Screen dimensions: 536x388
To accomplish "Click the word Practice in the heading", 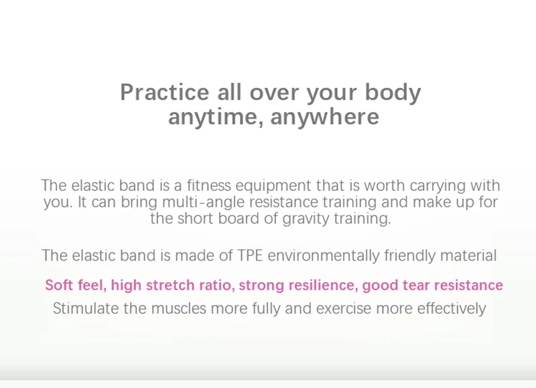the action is tap(164, 92).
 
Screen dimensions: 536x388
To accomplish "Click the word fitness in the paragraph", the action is tap(209, 186).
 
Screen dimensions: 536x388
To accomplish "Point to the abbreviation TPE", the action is tap(250, 256).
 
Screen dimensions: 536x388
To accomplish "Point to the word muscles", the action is tap(178, 308).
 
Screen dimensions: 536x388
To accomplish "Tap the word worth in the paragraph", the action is tap(384, 186).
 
